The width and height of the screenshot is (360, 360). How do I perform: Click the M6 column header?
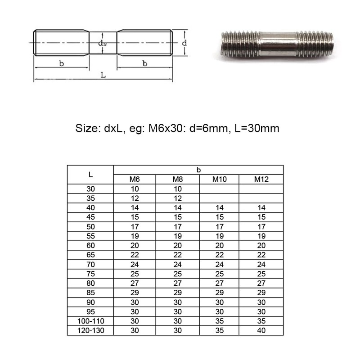(x=135, y=180)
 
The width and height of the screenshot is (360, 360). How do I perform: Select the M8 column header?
(x=177, y=180)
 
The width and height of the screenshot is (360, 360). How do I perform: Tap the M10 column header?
(x=219, y=180)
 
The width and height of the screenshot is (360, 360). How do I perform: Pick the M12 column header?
(x=261, y=180)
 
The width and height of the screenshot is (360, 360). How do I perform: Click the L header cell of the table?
(x=90, y=175)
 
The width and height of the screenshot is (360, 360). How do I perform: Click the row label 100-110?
(x=90, y=321)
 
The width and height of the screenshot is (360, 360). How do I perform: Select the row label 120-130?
(x=90, y=331)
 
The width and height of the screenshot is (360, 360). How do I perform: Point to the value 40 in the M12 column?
(x=261, y=331)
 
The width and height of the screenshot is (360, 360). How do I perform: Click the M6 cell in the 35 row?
(x=135, y=198)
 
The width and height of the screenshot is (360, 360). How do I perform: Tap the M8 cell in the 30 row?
(x=177, y=189)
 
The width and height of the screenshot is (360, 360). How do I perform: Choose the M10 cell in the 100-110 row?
(x=219, y=321)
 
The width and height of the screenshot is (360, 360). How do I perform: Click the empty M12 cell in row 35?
(x=261, y=198)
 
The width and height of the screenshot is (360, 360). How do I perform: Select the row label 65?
(x=90, y=255)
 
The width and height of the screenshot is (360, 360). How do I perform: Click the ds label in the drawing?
(x=103, y=43)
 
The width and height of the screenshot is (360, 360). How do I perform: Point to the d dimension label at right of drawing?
(x=184, y=43)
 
